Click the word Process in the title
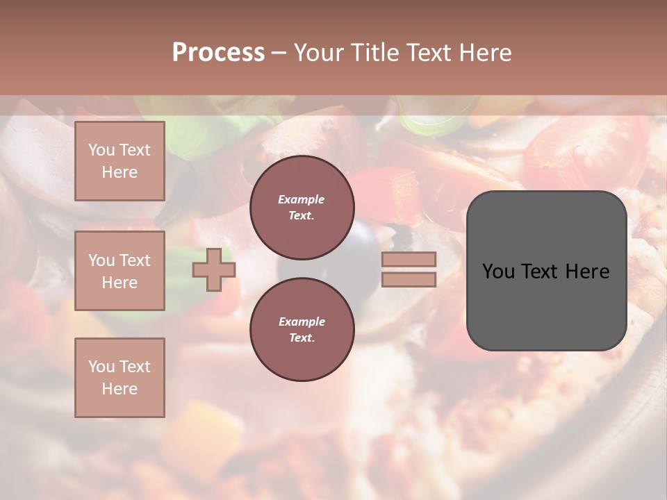218,53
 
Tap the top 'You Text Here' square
120,161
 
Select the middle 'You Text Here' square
120,271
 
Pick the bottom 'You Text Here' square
120,377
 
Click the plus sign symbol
213,269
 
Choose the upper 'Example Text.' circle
302,208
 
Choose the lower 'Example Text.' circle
302,330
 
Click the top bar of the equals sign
409,260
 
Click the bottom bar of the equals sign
409,279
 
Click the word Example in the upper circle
301,199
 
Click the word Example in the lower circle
302,322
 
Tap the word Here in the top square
120,172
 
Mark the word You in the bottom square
101,366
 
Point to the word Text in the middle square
134,260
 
